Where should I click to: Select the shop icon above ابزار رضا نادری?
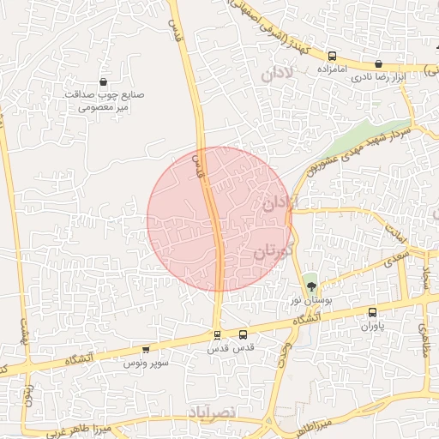click(x=379, y=63)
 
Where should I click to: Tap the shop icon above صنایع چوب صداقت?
click(x=104, y=82)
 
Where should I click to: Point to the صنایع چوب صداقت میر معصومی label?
click(x=104, y=101)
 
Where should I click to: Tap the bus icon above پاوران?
click(x=372, y=313)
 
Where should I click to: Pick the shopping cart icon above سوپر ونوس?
click(x=146, y=350)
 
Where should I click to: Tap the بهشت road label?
click(x=23, y=331)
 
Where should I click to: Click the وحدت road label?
click(x=282, y=352)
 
